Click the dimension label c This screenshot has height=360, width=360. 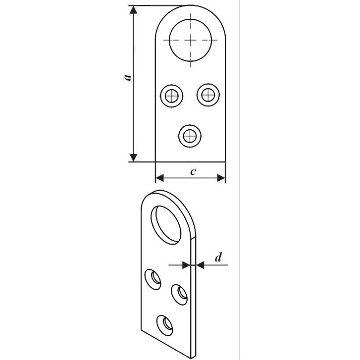tap(193, 171)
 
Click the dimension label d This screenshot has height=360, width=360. tap(218, 257)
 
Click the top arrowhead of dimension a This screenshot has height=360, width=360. tap(133, 10)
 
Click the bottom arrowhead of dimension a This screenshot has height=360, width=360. tap(133, 158)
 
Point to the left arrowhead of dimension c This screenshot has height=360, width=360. tap(160, 178)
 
